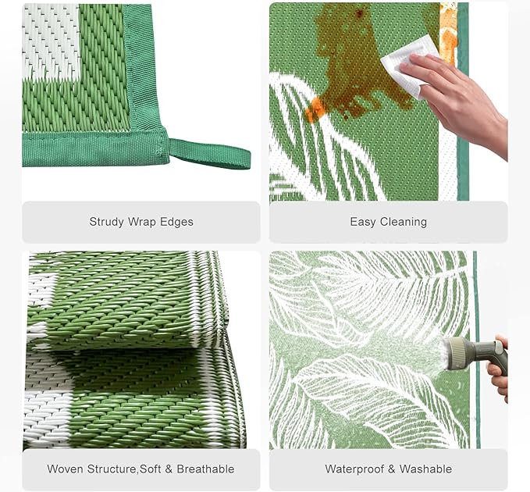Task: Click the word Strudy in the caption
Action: click(x=106, y=222)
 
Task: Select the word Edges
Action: click(x=176, y=222)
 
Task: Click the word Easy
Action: click(x=363, y=222)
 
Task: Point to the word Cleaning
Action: click(x=404, y=222)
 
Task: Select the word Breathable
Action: click(x=205, y=469)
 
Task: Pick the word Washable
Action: click(x=425, y=469)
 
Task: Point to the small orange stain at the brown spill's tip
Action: click(x=315, y=109)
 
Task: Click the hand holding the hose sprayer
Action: click(x=497, y=369)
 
